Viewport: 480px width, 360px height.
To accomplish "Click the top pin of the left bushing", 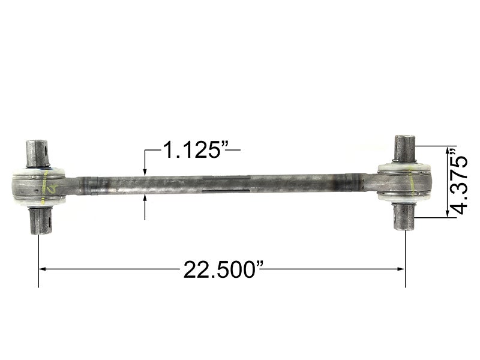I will (37, 154).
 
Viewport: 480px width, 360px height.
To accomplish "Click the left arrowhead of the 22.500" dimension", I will (44, 269).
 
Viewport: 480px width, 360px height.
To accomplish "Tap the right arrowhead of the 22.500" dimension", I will (401, 269).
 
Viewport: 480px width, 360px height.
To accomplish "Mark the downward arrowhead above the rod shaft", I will (145, 172).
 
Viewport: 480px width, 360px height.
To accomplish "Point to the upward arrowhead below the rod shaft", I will (145, 199).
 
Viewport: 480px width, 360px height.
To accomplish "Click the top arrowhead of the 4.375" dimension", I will (446, 150).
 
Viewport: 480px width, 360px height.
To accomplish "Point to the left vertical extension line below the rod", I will (39, 258).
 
